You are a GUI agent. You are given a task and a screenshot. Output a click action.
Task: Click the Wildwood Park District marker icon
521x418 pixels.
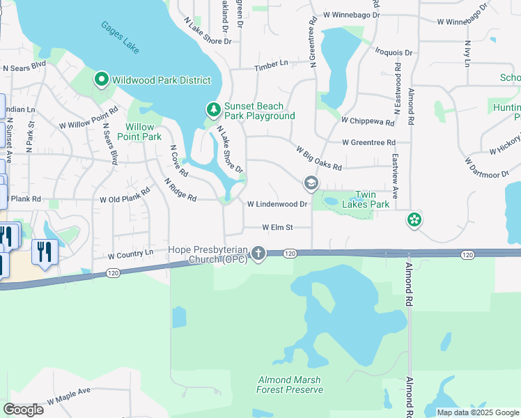pos(101,80)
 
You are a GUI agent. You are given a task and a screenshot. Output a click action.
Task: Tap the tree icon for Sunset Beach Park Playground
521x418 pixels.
pos(214,110)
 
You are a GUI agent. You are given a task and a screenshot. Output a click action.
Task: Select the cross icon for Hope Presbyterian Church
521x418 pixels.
pos(258,253)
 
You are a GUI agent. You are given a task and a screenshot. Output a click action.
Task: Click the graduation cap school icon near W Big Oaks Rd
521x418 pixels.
pos(311,184)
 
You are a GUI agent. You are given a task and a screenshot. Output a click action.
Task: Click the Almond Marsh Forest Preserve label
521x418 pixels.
pos(289,385)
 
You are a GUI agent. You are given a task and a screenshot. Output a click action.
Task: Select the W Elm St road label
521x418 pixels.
pos(277,227)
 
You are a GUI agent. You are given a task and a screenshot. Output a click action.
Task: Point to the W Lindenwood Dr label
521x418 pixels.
pos(277,204)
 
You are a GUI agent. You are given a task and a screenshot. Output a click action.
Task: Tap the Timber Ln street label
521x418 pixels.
pos(271,63)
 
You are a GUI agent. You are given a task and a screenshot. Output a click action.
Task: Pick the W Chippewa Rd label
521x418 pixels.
pos(368,121)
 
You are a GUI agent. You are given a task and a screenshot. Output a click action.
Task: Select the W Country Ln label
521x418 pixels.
pos(130,254)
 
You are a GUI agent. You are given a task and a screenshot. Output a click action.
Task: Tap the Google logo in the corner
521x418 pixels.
pos(23,409)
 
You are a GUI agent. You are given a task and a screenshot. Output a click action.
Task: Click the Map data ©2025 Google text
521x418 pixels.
pos(478,412)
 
